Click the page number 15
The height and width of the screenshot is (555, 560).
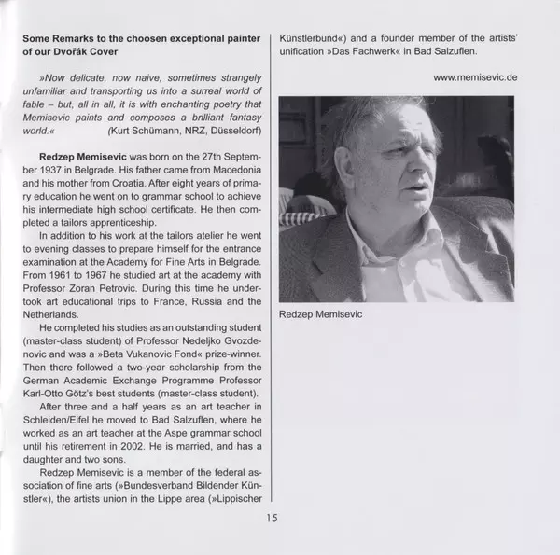(x=271, y=520)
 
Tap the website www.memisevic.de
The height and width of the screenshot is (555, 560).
(x=474, y=77)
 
